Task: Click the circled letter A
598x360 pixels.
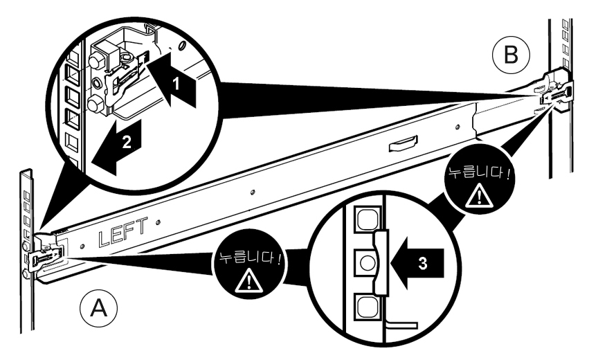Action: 98,308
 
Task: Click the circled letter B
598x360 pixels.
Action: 511,55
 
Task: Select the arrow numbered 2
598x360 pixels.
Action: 117,145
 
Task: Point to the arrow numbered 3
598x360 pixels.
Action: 417,263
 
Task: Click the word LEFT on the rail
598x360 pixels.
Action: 123,232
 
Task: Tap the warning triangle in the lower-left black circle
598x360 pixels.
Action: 249,280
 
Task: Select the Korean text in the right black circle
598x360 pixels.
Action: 479,174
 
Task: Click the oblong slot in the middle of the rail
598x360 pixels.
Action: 403,143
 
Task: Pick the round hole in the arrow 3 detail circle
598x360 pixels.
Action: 367,263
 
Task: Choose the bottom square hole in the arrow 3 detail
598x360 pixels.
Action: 368,307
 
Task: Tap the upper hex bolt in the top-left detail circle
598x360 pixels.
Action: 96,60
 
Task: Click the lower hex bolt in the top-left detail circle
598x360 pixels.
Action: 95,103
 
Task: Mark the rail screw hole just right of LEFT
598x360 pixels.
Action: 158,222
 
